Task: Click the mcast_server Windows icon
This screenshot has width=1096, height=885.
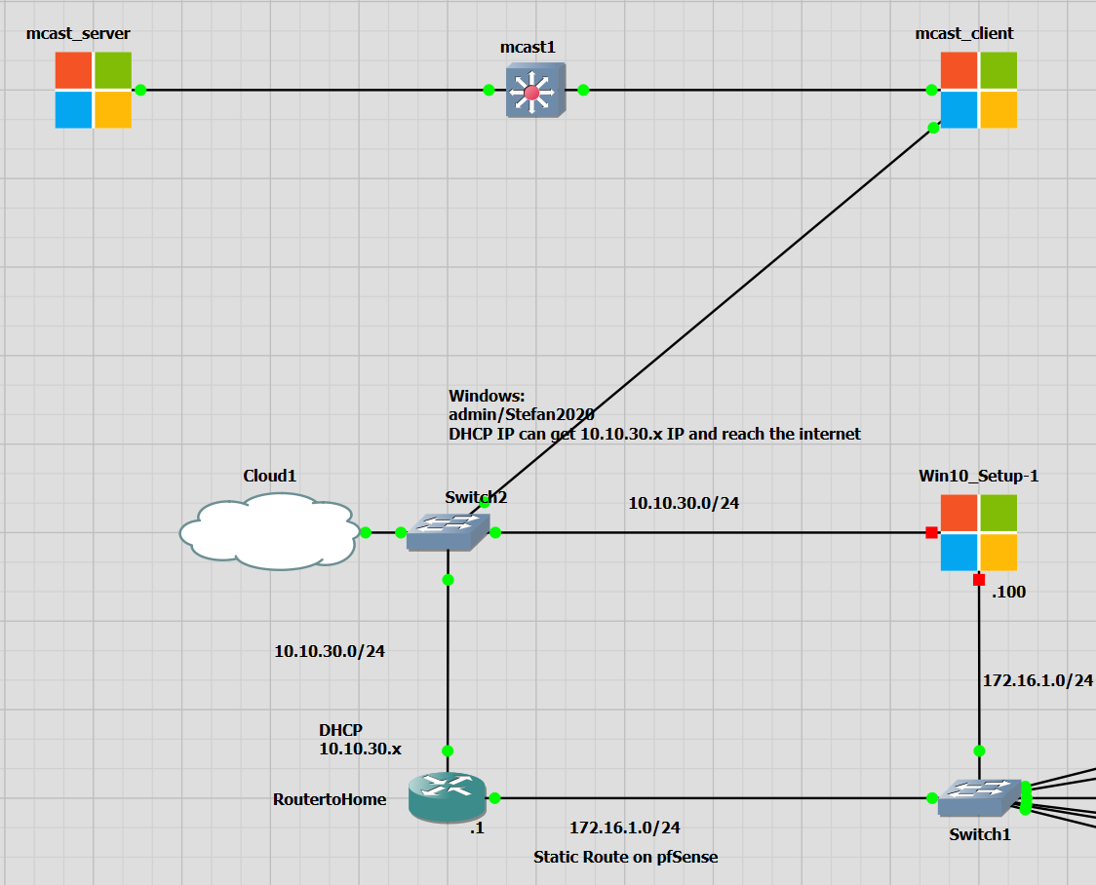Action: coord(94,90)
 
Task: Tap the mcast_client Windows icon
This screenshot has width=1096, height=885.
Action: coord(978,90)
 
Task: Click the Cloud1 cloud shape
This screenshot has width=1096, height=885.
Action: coord(266,531)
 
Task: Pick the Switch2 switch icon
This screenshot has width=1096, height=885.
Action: coord(448,532)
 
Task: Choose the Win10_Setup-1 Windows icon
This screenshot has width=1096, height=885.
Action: coord(978,532)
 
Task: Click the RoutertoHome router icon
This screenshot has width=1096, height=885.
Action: coord(448,797)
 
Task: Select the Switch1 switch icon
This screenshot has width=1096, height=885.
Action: coord(979,798)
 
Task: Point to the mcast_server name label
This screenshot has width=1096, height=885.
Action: coord(79,34)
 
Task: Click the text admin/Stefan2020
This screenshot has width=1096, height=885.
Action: coord(522,414)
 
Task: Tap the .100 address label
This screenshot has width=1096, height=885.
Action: coord(1008,592)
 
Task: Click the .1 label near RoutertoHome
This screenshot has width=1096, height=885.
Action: coord(477,828)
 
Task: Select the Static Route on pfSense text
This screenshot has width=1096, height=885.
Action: coord(625,857)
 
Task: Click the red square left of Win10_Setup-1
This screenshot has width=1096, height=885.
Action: coord(931,532)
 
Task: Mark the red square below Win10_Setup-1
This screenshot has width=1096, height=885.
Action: coord(979,580)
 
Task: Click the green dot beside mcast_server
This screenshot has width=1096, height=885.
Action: coord(140,90)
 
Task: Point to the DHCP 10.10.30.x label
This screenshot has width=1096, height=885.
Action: coord(360,740)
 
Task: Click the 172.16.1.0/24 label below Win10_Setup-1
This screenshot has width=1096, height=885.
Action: coord(1037,680)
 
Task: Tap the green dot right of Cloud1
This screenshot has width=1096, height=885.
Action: coord(366,532)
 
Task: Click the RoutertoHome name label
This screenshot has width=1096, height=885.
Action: coord(330,800)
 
